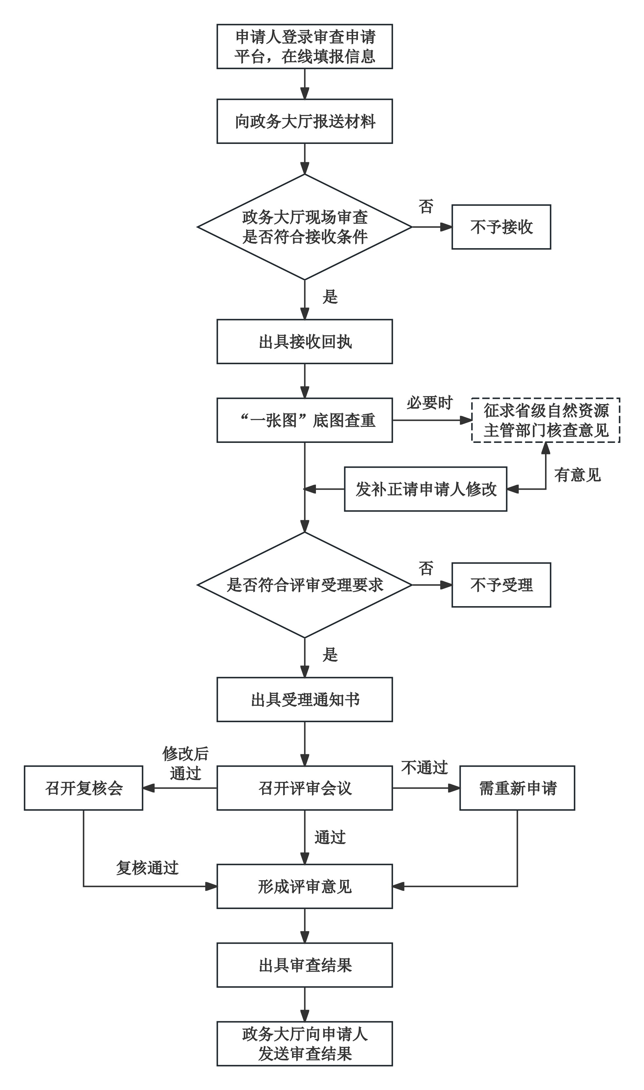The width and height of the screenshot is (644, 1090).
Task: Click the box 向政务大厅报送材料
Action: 305,121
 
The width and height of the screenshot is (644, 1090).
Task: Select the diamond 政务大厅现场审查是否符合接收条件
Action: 305,227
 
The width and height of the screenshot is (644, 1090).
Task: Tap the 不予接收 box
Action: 501,227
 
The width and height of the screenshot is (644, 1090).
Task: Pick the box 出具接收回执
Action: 305,342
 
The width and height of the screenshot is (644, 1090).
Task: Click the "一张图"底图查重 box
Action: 305,420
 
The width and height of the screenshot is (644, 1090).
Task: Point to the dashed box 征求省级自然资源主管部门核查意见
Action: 545,420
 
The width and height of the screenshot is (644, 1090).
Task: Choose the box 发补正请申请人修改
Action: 425,489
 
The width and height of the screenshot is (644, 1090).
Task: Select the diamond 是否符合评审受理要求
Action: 305,585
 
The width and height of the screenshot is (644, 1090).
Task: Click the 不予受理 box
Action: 501,585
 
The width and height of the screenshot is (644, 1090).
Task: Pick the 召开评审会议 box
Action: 305,788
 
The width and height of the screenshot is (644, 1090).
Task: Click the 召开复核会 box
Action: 83,788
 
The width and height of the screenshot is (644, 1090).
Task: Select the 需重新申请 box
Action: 517,788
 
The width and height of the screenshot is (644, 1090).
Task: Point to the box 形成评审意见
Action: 305,886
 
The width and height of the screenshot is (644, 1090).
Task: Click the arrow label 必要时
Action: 429,403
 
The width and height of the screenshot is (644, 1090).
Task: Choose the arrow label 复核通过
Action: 147,868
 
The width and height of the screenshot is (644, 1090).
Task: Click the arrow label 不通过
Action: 424,767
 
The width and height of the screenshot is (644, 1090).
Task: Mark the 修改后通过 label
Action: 185,763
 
